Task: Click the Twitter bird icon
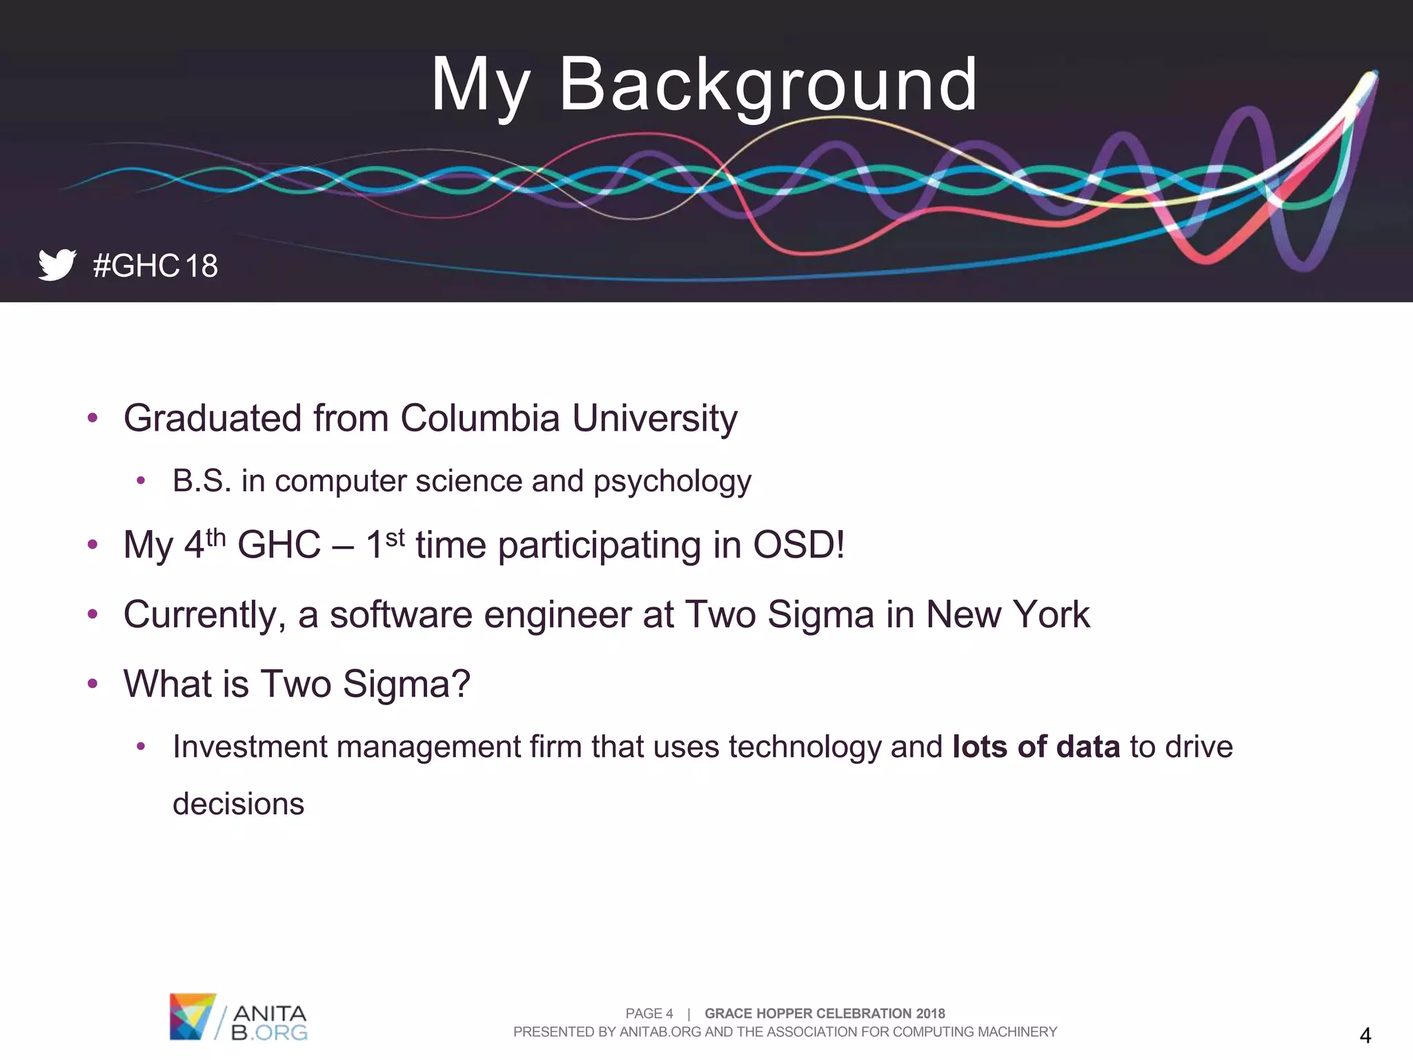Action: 57,264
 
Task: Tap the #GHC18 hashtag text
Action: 155,266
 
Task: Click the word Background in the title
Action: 768,85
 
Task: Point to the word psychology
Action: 672,482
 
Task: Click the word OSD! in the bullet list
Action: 798,545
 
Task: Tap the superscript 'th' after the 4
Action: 216,537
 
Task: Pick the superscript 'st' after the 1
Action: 395,537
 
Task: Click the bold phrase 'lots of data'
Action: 1036,747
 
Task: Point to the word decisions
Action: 238,805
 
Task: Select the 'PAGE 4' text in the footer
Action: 649,1013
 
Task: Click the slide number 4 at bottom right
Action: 1365,1035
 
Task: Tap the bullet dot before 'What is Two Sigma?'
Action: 93,684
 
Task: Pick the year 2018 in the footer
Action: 930,1013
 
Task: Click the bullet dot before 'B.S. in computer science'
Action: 141,481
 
